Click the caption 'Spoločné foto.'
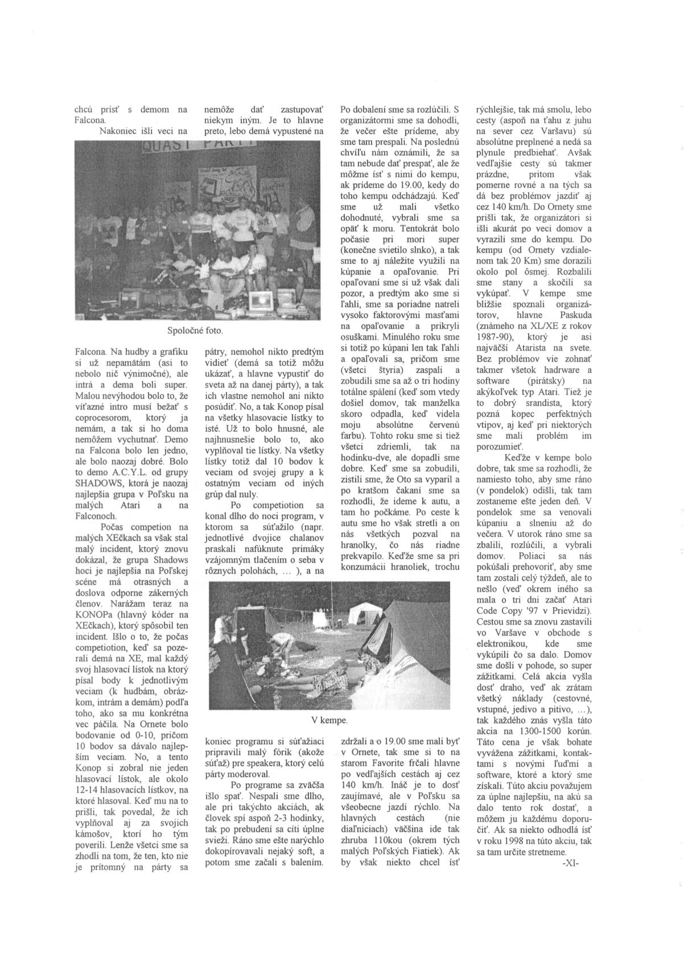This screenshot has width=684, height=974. pos(195,330)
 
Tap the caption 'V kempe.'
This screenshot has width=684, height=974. pos(329,720)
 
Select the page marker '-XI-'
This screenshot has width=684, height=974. pos(570,863)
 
